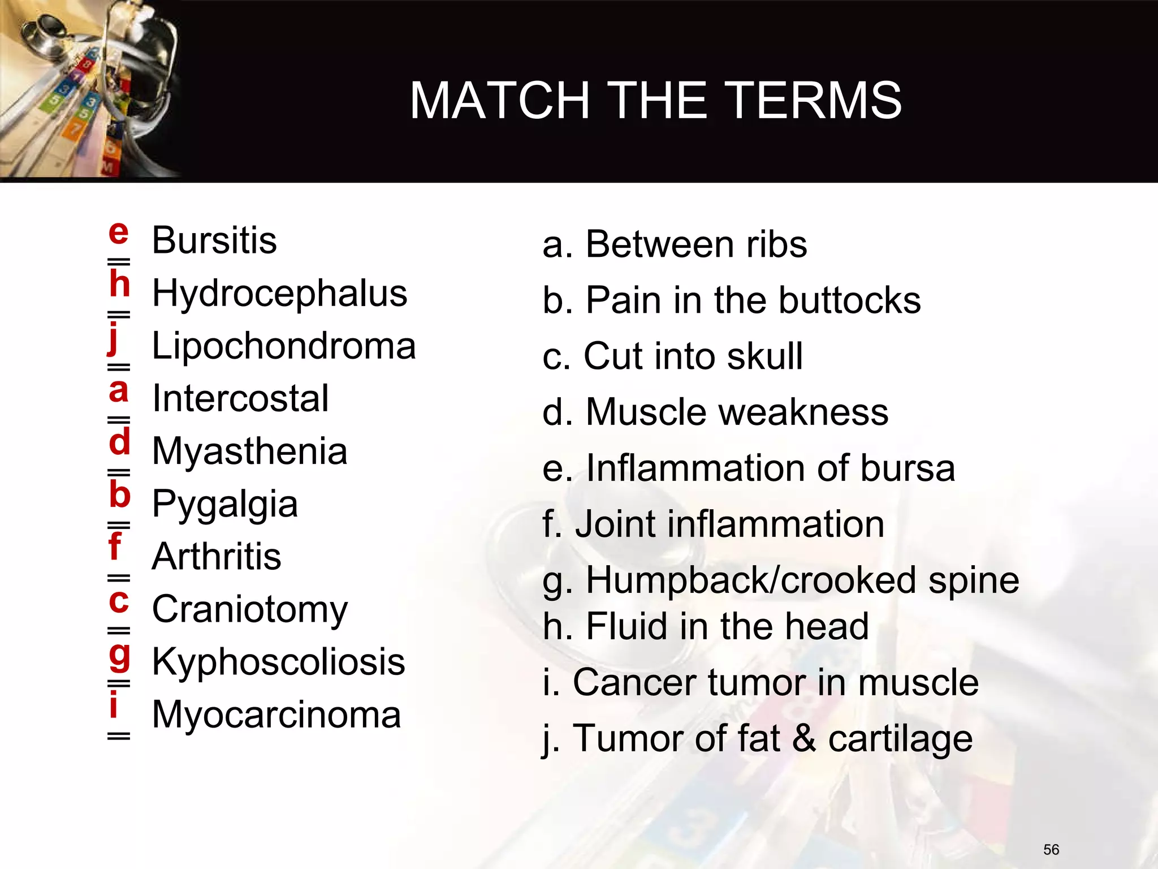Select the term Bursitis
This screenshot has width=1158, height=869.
click(x=214, y=240)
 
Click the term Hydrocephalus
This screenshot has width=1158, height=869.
click(x=279, y=294)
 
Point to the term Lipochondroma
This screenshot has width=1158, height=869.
click(x=284, y=346)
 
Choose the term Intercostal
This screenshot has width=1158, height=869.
click(x=240, y=399)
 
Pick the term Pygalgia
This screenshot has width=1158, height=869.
click(x=224, y=504)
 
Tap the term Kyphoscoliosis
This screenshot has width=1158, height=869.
click(x=278, y=662)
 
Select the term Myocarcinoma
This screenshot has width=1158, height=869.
click(x=276, y=715)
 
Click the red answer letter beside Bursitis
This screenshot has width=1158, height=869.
click(x=118, y=233)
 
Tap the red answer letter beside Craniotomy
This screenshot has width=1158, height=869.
click(x=119, y=601)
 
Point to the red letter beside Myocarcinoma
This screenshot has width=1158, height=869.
click(x=114, y=705)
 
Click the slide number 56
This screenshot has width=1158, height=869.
click(x=1051, y=849)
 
